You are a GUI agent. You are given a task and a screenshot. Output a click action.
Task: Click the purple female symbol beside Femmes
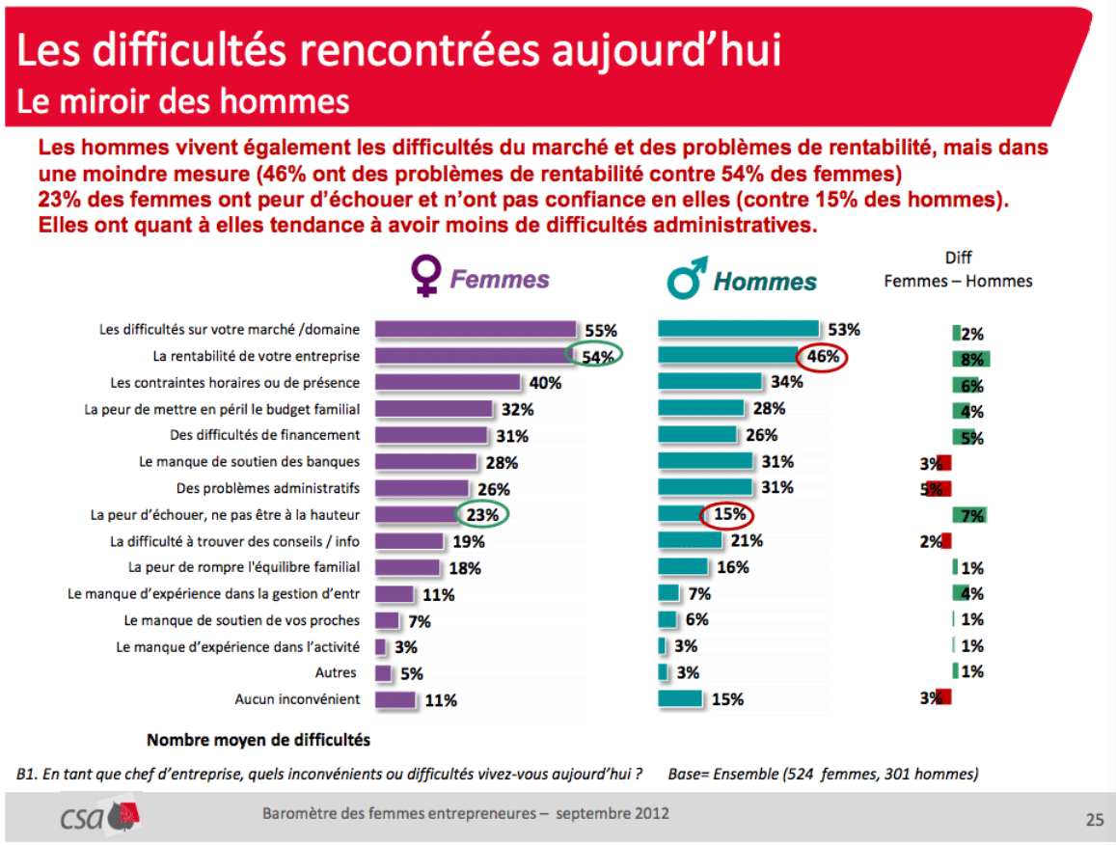425,275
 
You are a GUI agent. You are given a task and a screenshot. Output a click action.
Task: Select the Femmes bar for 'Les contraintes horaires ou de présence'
448,382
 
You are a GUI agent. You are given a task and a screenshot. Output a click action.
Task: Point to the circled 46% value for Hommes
822,357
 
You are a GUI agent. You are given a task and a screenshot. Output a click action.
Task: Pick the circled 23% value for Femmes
482,514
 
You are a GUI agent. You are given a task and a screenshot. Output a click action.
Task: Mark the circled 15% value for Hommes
726,515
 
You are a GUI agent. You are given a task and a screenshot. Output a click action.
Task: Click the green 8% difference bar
970,359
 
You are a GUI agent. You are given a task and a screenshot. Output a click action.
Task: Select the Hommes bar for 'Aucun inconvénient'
680,698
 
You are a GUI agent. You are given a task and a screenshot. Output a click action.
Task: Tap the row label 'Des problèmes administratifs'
268,488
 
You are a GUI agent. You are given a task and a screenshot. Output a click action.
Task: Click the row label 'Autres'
336,672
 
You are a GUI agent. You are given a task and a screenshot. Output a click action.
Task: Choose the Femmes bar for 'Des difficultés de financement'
431,435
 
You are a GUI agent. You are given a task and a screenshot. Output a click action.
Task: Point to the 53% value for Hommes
843,330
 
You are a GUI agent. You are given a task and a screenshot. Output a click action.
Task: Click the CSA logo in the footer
99,817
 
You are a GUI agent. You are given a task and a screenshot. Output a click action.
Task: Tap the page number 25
1095,820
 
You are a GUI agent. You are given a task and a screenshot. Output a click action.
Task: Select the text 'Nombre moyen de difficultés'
259,741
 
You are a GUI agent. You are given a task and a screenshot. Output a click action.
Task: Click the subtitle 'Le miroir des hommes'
183,101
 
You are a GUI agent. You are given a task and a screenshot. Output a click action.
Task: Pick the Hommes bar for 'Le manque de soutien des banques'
705,461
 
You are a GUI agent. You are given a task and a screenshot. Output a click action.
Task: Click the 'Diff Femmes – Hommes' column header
958,270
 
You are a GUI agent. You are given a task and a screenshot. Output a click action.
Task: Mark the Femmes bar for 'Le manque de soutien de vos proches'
387,621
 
